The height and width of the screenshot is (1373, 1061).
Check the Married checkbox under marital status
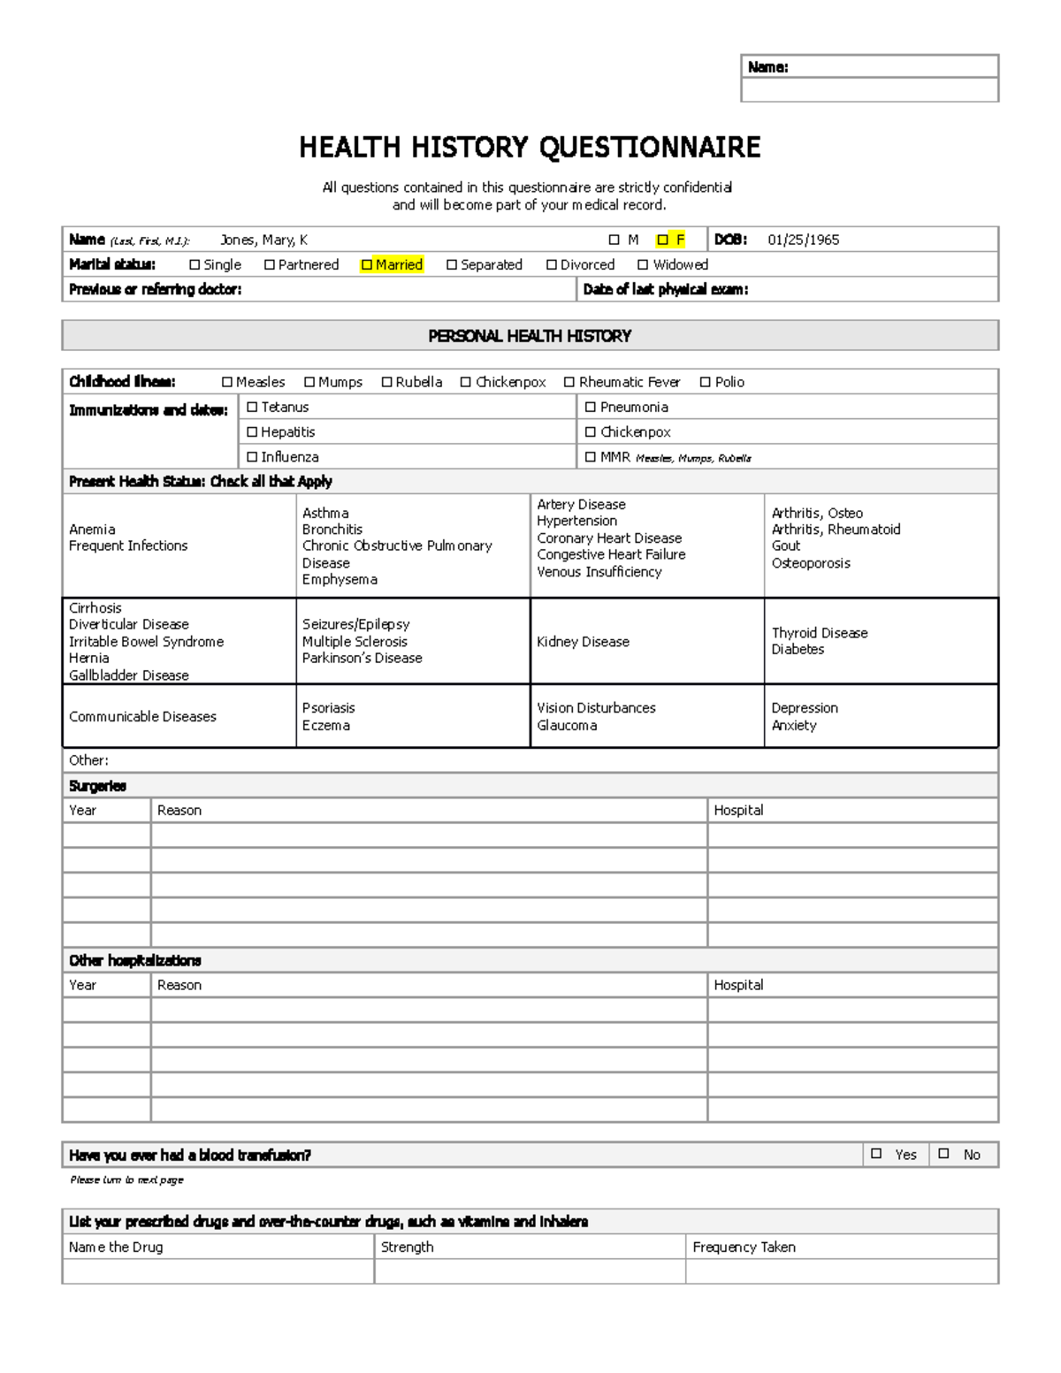point(367,264)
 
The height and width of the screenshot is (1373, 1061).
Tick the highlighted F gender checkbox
point(662,240)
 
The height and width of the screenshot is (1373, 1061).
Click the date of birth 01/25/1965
point(803,240)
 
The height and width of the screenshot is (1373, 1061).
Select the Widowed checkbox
point(643,264)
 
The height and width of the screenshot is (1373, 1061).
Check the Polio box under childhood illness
point(705,382)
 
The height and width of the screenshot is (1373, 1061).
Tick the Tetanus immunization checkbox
point(252,407)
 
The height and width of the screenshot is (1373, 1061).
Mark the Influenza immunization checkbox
point(252,457)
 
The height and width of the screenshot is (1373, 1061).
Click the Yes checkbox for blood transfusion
point(876,1154)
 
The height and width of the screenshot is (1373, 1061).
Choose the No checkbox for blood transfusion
point(943,1154)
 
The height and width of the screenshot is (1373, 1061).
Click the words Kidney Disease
point(583,642)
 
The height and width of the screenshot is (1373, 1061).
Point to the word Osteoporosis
point(811,563)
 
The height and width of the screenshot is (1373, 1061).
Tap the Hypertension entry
point(576,521)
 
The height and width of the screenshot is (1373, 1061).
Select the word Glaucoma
point(567,725)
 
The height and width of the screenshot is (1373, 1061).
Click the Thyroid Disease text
point(820,633)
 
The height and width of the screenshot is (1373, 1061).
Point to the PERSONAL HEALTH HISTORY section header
point(530,336)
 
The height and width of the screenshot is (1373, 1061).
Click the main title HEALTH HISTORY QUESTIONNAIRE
point(530,147)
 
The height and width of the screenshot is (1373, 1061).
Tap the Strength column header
point(407,1247)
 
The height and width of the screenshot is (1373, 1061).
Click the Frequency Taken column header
point(744,1247)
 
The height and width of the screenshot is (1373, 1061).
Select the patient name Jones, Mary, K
point(263,240)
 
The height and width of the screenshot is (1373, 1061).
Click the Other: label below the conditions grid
point(88,760)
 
